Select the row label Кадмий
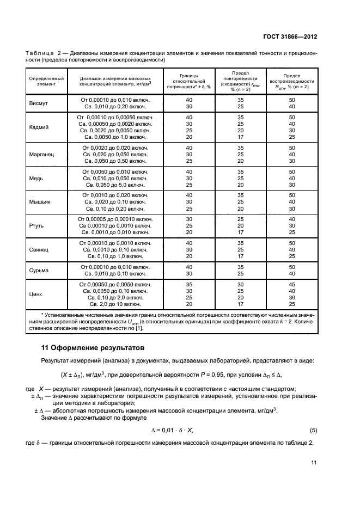coord(39,127)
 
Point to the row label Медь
coord(36,178)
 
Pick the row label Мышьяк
coord(39,201)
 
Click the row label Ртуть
coord(37,225)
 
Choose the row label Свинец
coord(39,249)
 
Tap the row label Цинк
coord(36,294)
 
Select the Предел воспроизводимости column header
coord(291,81)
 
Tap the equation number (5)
coord(313,430)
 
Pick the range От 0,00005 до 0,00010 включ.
coord(115,218)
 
